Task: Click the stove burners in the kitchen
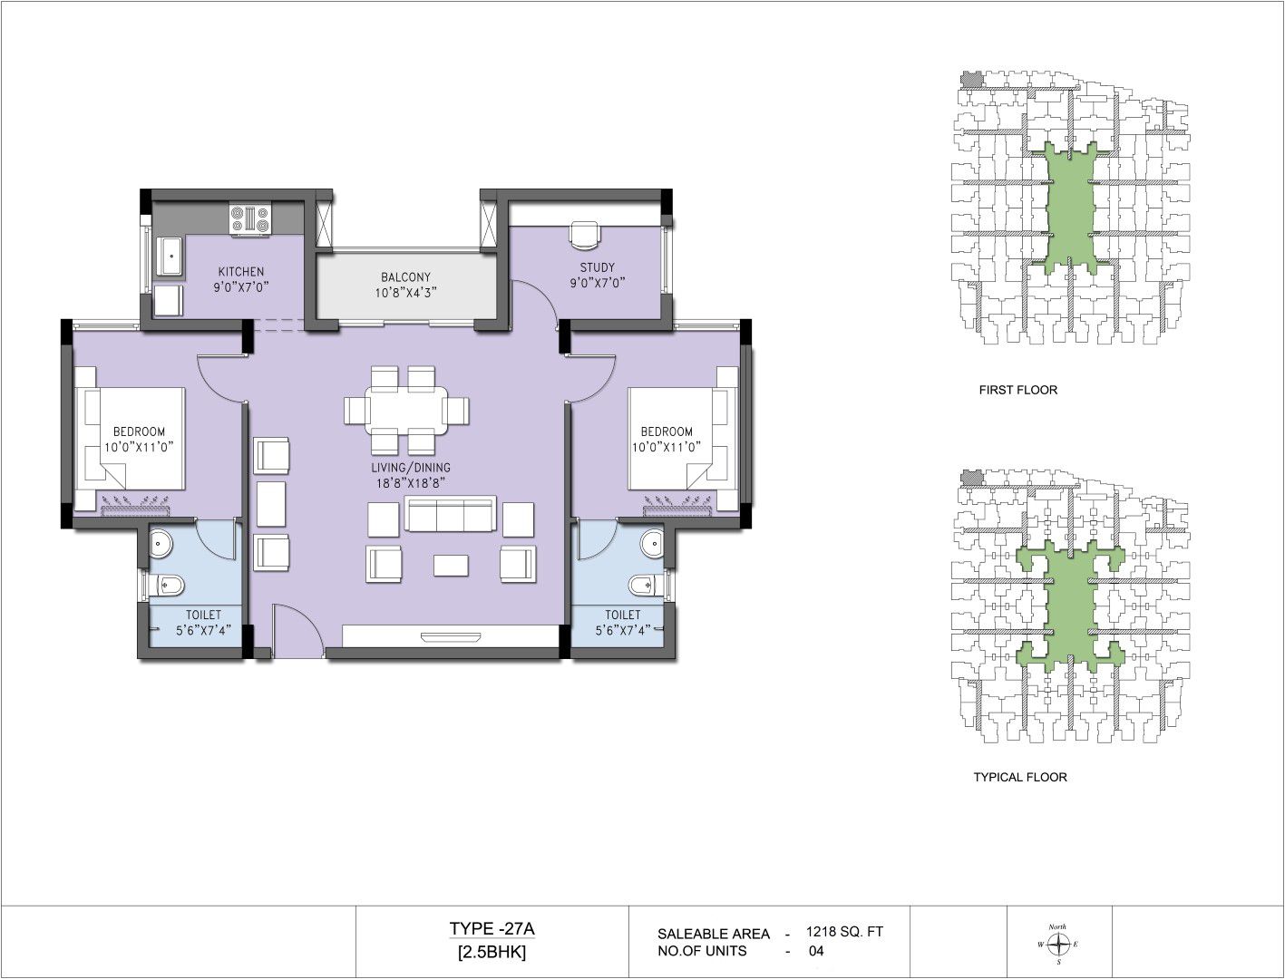(x=250, y=220)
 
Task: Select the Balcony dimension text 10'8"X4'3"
(x=405, y=293)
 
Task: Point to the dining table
(x=407, y=410)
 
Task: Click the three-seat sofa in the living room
(x=450, y=515)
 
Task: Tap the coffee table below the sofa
(x=451, y=566)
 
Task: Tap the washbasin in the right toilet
(x=651, y=543)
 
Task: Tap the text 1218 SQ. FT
(x=844, y=932)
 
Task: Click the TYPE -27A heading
(x=492, y=928)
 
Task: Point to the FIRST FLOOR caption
(x=1018, y=390)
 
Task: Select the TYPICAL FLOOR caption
(x=1020, y=777)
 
